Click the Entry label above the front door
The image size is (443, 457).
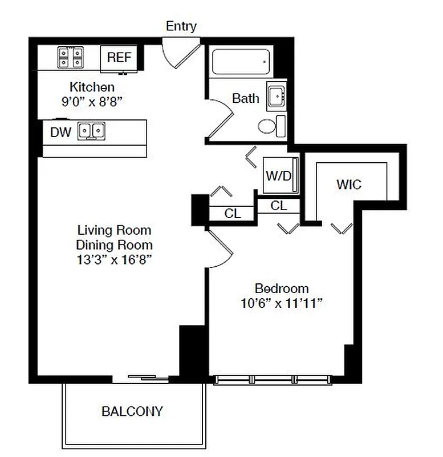(x=181, y=26)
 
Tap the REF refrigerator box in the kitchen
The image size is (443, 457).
(x=119, y=58)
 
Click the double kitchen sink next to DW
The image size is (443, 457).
(x=92, y=131)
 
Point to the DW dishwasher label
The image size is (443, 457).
(x=60, y=133)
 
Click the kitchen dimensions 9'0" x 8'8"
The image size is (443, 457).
(x=92, y=101)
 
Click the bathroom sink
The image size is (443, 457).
(x=277, y=98)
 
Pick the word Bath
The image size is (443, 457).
(x=245, y=98)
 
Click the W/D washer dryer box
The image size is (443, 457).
(x=278, y=176)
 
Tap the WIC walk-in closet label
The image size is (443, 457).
(x=349, y=185)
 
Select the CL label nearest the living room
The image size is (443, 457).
(x=233, y=214)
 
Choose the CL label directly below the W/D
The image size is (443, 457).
(x=278, y=206)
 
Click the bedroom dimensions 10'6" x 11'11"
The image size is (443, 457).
(x=282, y=303)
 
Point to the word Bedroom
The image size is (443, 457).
(x=282, y=288)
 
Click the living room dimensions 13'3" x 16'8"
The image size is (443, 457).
(x=115, y=259)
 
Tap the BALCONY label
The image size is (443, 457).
(x=132, y=411)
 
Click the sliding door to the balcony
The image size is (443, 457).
(x=148, y=377)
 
